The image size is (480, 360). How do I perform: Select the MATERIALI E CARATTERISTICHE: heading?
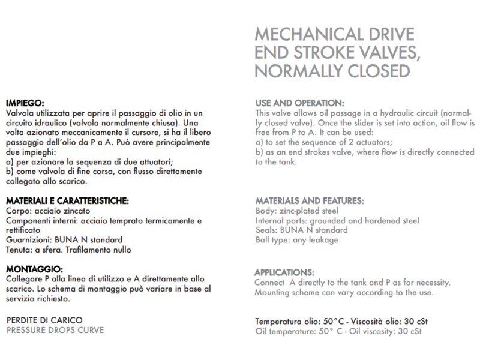click(67, 201)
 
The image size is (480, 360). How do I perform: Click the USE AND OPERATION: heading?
click(300, 103)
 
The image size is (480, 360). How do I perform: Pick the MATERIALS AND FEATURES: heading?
click(310, 201)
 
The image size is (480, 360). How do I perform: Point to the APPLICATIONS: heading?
click(284, 272)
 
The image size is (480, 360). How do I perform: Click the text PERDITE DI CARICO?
click(44, 320)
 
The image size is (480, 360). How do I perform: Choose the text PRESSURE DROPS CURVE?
click(55, 330)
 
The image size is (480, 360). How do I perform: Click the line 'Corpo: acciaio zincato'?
click(47, 211)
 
